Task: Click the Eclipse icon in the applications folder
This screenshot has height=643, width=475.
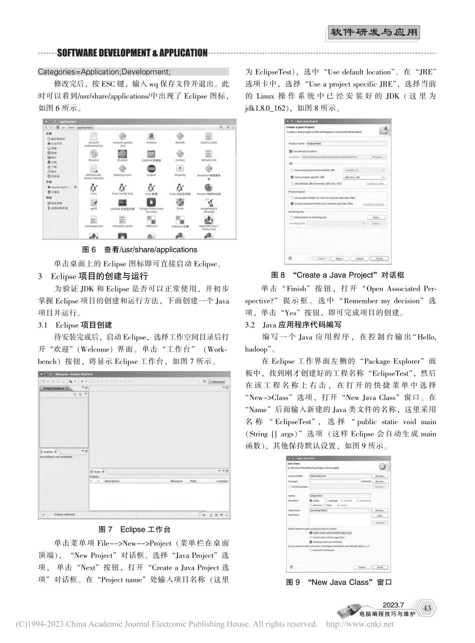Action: [151, 169]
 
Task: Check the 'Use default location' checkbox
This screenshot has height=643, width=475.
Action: [291, 151]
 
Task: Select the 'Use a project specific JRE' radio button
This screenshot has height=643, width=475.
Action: [291, 177]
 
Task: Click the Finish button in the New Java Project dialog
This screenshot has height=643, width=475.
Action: [379, 258]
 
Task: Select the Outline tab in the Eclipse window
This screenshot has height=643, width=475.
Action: [48, 451]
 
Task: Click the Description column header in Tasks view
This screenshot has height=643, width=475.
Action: [112, 481]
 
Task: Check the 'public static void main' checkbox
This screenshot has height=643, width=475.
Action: [311, 533]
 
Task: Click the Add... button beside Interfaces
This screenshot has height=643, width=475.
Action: [379, 515]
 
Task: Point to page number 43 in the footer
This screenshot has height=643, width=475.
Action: [426, 608]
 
